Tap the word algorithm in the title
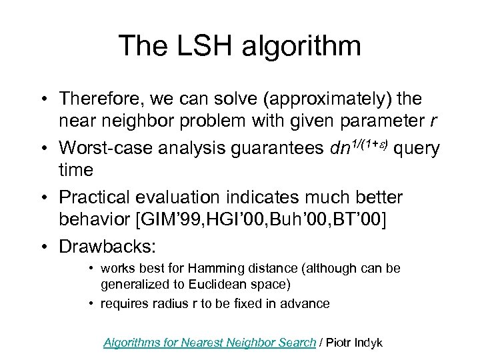point(304,46)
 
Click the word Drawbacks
point(107,245)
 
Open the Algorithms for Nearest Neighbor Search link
point(209,342)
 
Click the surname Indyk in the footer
point(367,342)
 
